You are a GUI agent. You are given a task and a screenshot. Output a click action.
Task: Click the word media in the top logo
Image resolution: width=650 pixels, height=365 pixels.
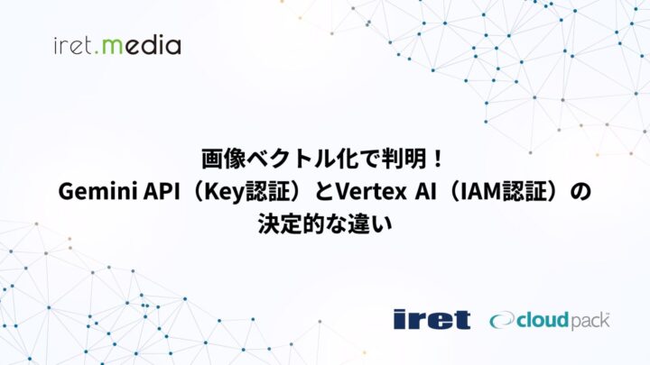tap(145, 44)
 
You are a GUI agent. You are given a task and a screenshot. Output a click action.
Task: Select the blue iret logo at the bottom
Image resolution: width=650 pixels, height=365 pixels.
tap(432, 319)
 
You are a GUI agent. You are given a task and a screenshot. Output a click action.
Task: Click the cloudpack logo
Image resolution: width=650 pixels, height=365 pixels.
tap(550, 319)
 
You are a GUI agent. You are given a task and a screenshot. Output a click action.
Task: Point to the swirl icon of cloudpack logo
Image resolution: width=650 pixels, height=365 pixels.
tap(503, 320)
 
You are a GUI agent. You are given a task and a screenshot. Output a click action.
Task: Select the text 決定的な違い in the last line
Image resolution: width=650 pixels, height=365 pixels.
tap(325, 224)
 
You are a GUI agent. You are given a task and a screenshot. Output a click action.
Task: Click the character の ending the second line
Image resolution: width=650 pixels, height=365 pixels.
tap(582, 192)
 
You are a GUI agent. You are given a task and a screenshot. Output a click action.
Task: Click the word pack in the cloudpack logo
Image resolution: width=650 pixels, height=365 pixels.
tap(586, 320)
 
